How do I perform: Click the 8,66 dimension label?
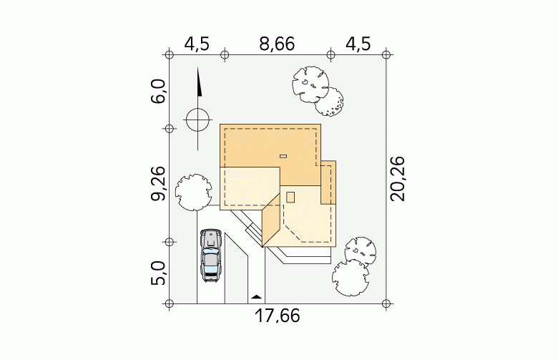pyautogui.click(x=277, y=44)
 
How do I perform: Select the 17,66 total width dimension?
pyautogui.click(x=278, y=316)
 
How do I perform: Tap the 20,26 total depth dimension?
pyautogui.click(x=398, y=179)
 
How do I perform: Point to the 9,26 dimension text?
pyautogui.click(x=159, y=183)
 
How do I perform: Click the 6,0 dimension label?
pyautogui.click(x=159, y=91)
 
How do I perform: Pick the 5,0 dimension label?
pyautogui.click(x=159, y=273)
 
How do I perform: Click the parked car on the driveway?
pyautogui.click(x=210, y=256)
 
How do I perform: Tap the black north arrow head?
pyautogui.click(x=199, y=82)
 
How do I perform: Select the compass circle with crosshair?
pyautogui.click(x=198, y=120)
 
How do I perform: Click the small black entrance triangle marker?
pyautogui.click(x=256, y=296)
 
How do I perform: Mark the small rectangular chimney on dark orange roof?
pyautogui.click(x=283, y=156)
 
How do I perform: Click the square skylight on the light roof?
pyautogui.click(x=290, y=198)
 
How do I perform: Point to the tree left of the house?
pyautogui.click(x=193, y=193)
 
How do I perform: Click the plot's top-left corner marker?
pyautogui.click(x=169, y=55)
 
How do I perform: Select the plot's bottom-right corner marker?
pyautogui.click(x=386, y=303)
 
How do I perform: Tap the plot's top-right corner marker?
pyautogui.click(x=386, y=55)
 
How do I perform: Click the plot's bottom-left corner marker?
pyautogui.click(x=169, y=303)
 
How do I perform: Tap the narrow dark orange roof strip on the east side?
pyautogui.click(x=328, y=183)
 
